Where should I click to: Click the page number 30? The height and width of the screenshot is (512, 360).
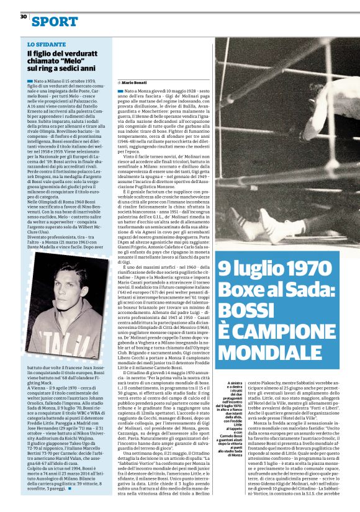click(x=23, y=16)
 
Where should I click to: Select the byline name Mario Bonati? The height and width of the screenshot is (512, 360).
click(x=135, y=82)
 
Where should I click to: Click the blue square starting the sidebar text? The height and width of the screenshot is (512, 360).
click(x=30, y=81)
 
